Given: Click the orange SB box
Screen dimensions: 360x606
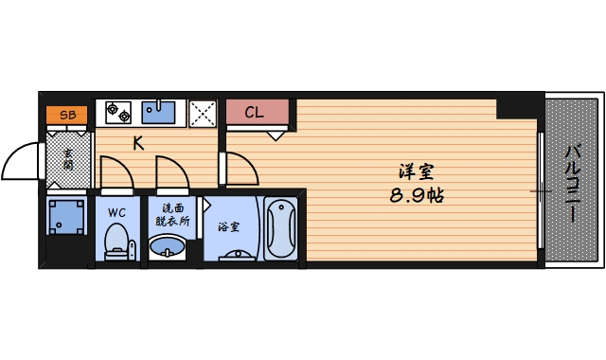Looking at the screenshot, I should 66,115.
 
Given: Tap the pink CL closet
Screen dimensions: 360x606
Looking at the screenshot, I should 256,113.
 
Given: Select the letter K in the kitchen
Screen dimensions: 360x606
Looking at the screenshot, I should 138,144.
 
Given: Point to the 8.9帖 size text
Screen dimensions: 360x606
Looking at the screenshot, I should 417,197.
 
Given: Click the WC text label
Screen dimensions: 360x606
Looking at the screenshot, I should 117,212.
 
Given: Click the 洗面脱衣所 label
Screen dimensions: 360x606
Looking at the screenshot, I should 171,215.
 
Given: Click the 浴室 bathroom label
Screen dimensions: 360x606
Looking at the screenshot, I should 228,227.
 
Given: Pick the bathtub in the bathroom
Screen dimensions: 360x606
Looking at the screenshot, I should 281,229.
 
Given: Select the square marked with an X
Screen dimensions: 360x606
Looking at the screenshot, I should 203,113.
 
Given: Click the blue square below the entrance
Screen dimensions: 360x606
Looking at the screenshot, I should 66,217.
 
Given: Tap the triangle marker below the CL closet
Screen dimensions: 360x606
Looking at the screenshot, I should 275,136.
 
